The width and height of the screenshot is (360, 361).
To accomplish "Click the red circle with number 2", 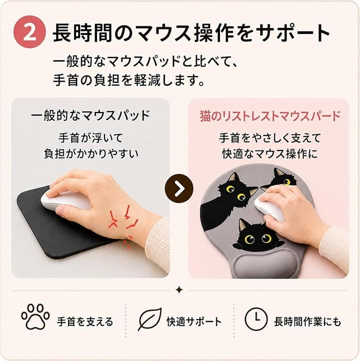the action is pos(29,32).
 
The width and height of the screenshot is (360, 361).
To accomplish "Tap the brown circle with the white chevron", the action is pos(179,188).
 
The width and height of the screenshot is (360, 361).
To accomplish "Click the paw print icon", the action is pos(35,316).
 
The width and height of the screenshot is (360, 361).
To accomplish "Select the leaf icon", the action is pos(149,319).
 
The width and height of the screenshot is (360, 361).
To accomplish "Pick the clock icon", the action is pos(256,319).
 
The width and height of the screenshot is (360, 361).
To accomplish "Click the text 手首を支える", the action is pos(85,321).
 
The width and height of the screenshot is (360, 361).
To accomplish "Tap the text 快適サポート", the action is pos(194,321).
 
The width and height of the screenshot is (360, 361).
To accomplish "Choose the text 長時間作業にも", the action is pos(307,321).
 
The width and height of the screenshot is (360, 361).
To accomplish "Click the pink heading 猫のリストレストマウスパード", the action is pos(270,116).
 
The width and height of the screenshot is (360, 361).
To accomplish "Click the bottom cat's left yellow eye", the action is pos(249,239).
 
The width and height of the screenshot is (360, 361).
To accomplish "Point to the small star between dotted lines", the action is pos(179,290).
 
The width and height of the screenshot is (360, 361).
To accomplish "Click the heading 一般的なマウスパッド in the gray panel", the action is pos(90,115).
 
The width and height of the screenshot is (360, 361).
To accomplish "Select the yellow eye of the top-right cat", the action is pos(286,182).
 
